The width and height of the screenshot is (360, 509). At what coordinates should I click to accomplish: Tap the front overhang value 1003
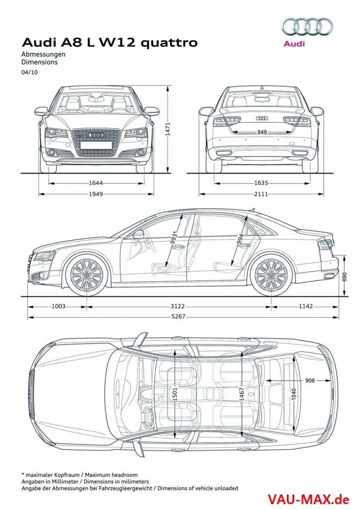click(x=58, y=307)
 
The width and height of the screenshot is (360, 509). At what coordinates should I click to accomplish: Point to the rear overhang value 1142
click(x=305, y=307)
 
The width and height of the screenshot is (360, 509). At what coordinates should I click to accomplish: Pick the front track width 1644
click(x=96, y=182)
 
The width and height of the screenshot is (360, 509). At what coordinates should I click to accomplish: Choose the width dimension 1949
click(x=96, y=194)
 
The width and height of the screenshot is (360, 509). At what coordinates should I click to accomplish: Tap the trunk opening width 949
click(x=262, y=132)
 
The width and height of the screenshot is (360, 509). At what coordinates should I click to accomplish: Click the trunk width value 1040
click(x=294, y=394)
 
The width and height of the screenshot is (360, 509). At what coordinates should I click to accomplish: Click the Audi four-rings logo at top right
click(x=307, y=26)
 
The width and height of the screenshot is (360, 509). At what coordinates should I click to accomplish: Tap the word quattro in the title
click(x=171, y=43)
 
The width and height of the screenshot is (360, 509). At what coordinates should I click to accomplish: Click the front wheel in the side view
click(x=87, y=275)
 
